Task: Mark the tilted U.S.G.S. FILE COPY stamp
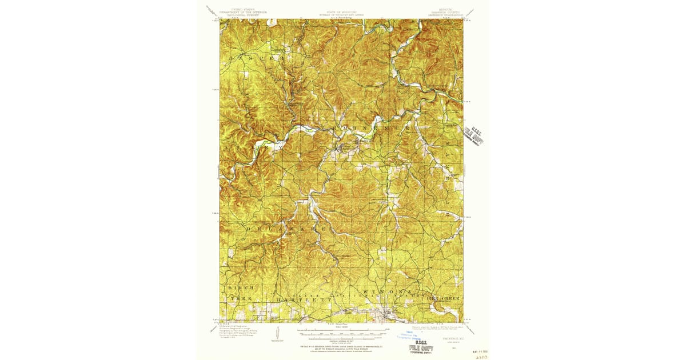pyautogui.click(x=474, y=135)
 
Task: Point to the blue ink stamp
pyautogui.click(x=407, y=335)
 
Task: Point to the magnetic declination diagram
pyautogui.click(x=278, y=333)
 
